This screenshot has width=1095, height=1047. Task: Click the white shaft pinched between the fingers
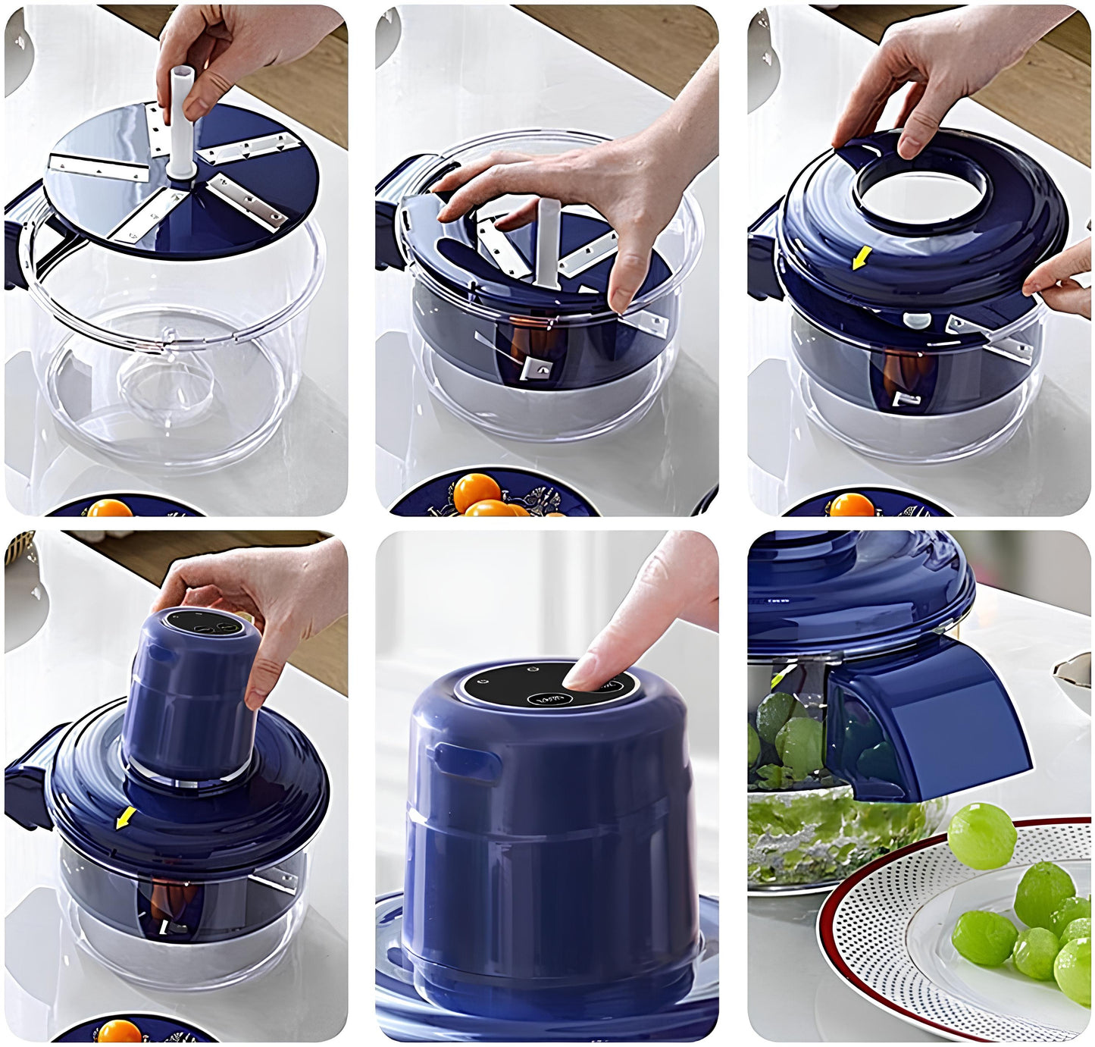tap(181, 129)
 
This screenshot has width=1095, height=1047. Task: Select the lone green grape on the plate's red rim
tap(982, 835)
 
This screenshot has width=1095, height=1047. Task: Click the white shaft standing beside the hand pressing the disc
tap(547, 243)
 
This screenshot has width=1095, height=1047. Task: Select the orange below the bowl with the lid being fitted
tap(852, 505)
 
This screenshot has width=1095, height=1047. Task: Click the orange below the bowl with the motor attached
tap(120, 1032)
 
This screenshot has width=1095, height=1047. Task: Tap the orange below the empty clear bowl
tap(111, 507)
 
